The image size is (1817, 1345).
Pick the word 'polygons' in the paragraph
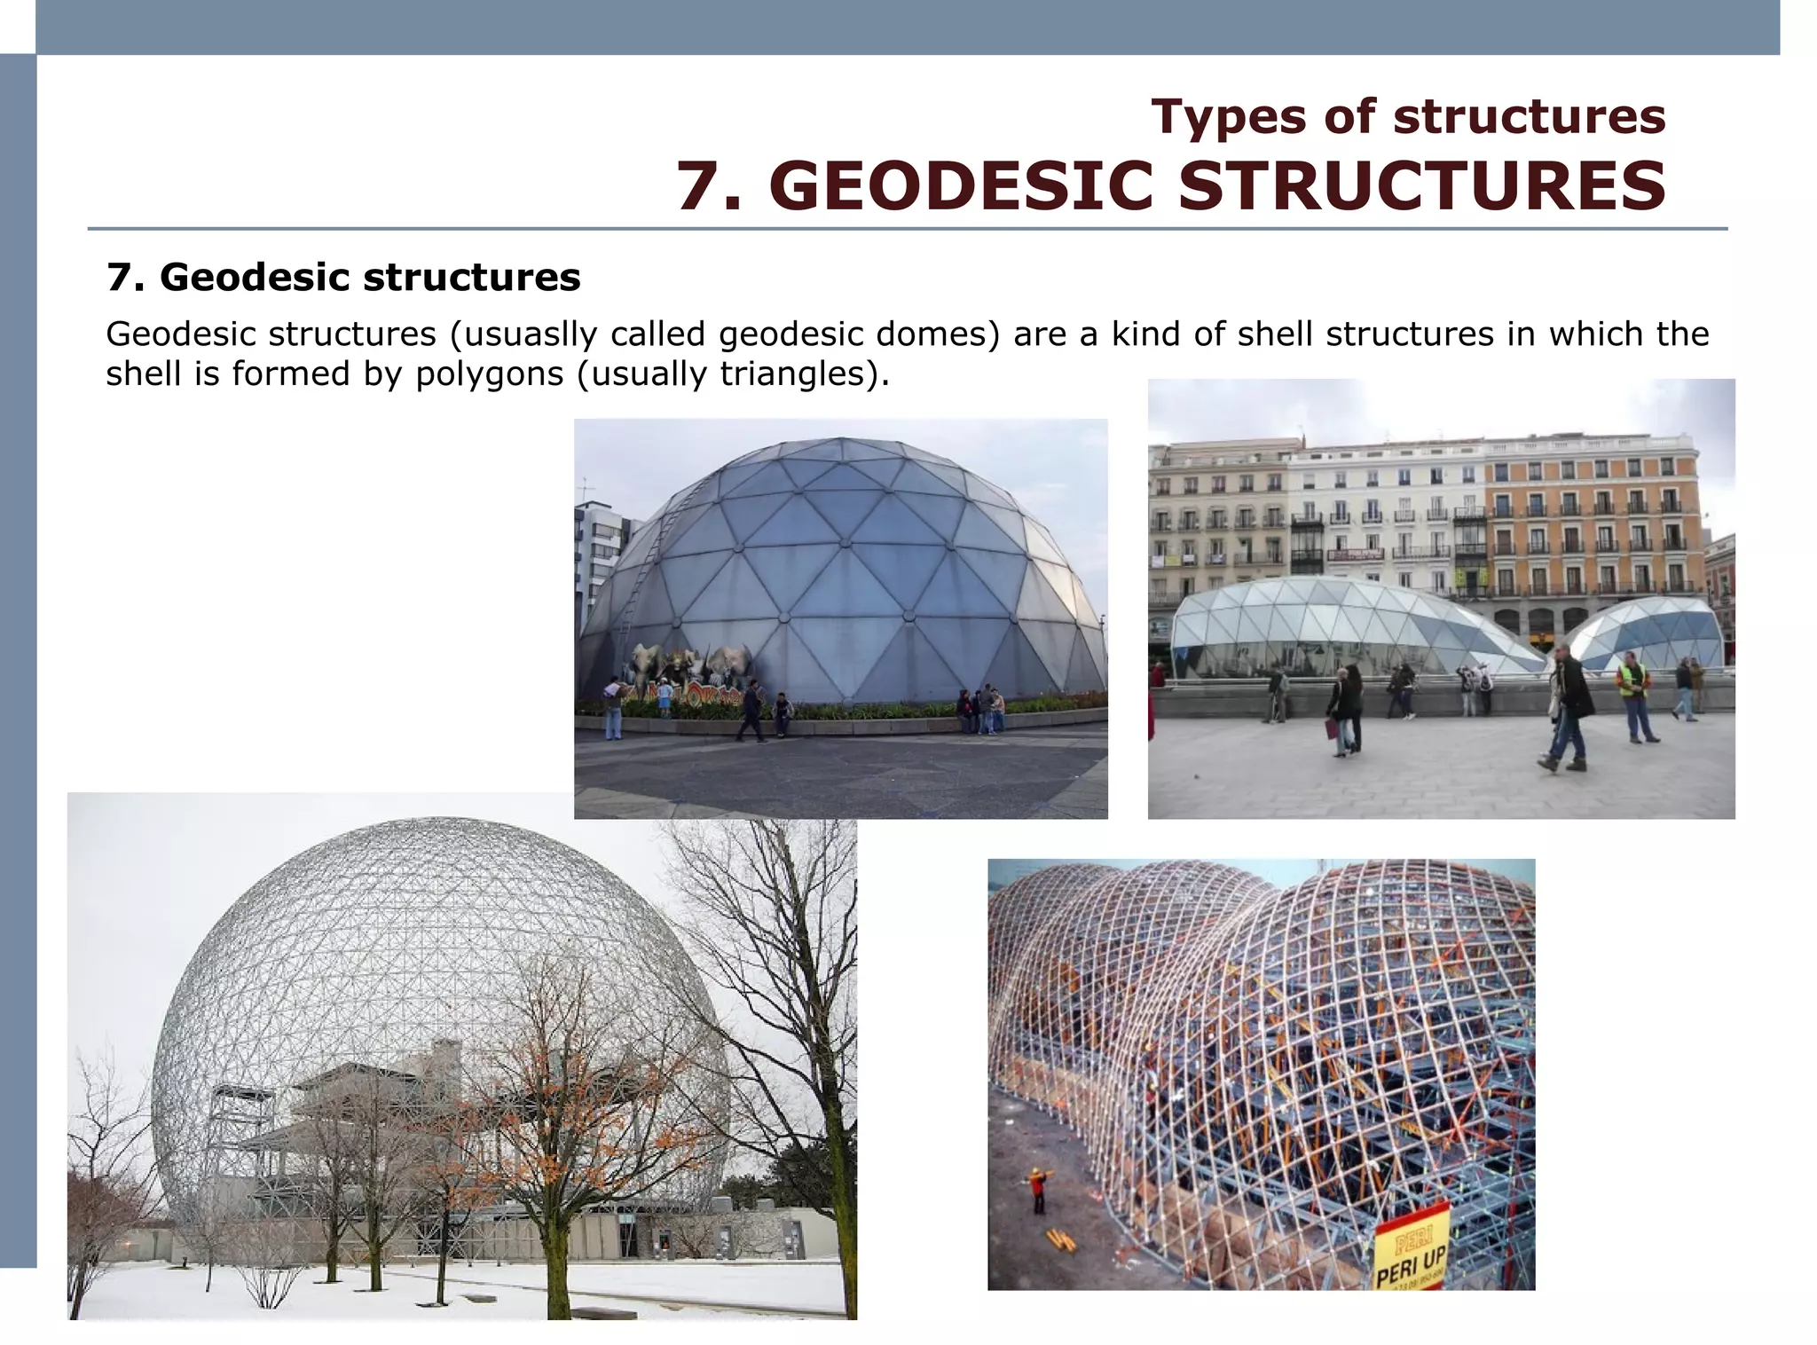(x=489, y=374)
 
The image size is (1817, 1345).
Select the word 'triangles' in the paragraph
(x=793, y=374)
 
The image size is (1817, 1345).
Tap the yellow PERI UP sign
(x=1411, y=1247)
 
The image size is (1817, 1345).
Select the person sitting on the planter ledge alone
(x=782, y=713)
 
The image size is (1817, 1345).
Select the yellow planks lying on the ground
(x=1061, y=1239)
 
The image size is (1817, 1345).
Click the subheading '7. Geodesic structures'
(x=343, y=277)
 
